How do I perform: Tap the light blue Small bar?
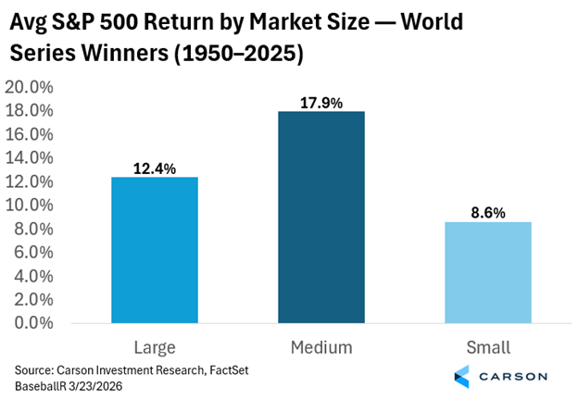(487, 272)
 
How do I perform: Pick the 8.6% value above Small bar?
(487, 212)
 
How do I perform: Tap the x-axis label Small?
(487, 347)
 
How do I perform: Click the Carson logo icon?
(465, 377)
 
